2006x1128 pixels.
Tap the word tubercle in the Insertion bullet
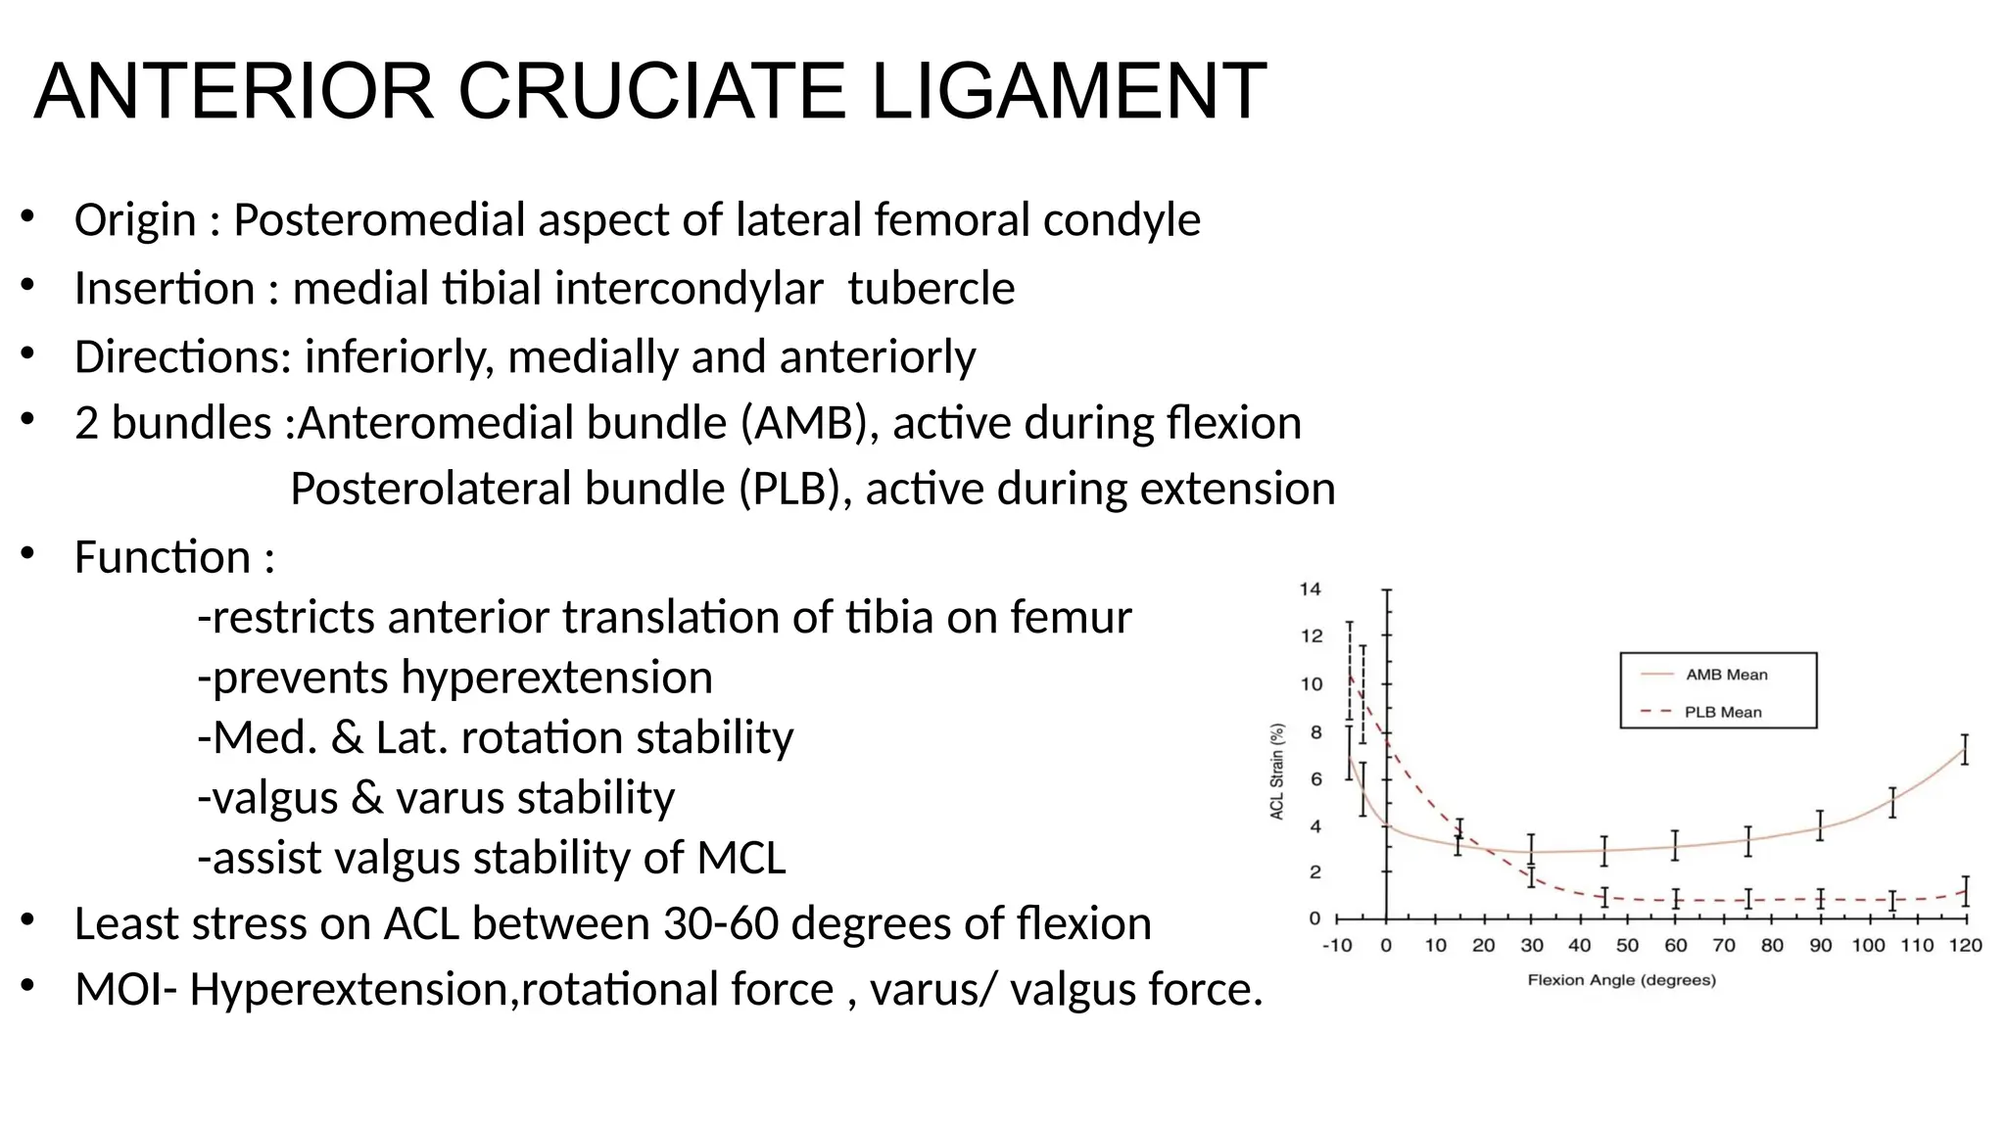[x=931, y=289]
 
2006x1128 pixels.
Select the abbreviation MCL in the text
[x=740, y=858]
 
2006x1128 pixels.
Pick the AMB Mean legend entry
[x=1726, y=675]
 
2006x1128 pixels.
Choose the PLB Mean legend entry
[x=1722, y=712]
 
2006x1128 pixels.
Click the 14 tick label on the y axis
[x=1310, y=588]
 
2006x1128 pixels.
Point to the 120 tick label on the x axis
[x=1964, y=946]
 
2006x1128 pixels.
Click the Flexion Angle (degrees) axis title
[x=1621, y=980]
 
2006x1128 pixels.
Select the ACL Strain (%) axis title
[x=1277, y=772]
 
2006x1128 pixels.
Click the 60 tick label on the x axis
[x=1675, y=946]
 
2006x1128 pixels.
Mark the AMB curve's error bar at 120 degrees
[x=1964, y=749]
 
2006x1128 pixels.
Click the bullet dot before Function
[x=27, y=554]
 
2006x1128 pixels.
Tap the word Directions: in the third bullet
[x=182, y=357]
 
